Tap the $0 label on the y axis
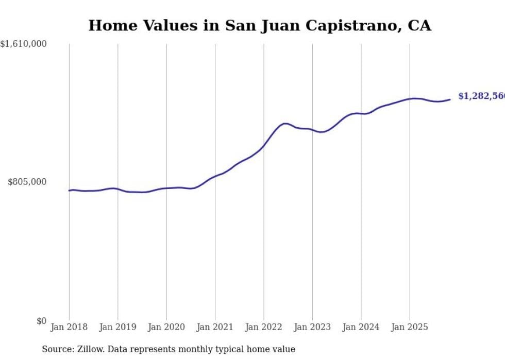click(x=41, y=321)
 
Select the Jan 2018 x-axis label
click(x=69, y=327)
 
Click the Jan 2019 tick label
click(x=118, y=327)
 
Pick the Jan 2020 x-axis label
click(x=166, y=327)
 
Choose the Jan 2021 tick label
click(x=215, y=327)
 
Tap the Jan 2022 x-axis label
click(x=264, y=327)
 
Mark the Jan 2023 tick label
click(x=312, y=327)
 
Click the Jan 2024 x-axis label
click(x=361, y=327)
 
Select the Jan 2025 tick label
click(x=410, y=327)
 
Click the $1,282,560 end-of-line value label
click(x=481, y=96)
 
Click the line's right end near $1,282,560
click(x=450, y=99)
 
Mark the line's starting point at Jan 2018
click(x=69, y=191)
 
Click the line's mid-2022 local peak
click(x=285, y=124)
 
